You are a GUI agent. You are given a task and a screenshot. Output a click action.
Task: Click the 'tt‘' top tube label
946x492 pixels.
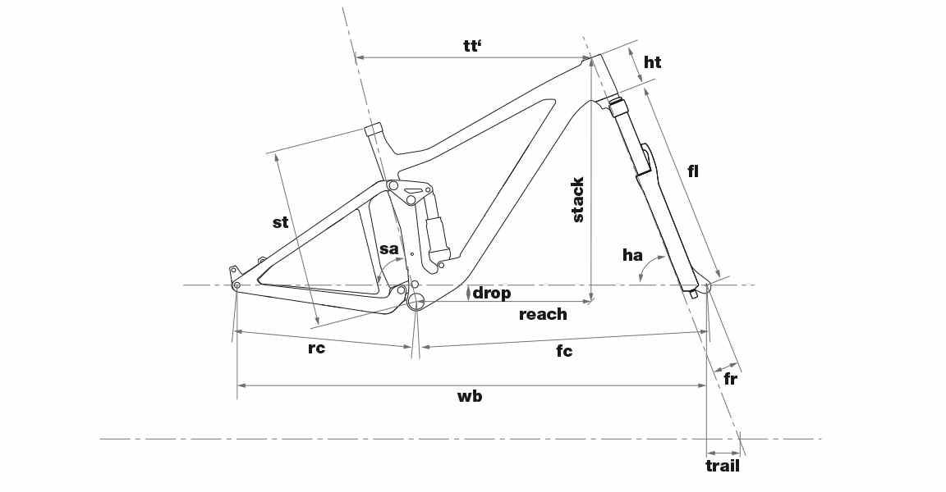472,47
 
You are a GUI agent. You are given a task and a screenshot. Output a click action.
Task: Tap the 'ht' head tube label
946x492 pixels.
652,62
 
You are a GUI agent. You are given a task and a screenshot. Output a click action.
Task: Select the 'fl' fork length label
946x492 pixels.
693,171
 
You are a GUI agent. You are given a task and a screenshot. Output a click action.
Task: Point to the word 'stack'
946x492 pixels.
577,200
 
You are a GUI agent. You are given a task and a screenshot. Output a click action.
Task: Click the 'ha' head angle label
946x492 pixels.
632,255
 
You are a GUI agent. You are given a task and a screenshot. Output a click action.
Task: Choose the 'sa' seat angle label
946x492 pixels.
389,248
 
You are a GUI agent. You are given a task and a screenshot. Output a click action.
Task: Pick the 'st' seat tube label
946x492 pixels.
281,222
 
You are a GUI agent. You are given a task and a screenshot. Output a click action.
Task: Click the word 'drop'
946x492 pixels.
492,294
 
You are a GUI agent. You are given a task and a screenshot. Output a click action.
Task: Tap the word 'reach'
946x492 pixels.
543,314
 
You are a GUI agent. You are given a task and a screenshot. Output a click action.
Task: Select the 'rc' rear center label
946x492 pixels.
316,348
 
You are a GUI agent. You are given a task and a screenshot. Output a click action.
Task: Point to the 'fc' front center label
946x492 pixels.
564,350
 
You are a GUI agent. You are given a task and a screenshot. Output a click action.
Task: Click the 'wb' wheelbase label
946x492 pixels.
470,396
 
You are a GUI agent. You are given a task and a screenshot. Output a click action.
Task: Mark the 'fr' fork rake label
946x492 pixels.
730,380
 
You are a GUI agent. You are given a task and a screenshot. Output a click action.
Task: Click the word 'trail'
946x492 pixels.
722,466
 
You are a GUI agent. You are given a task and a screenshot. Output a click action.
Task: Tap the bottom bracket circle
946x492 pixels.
416,301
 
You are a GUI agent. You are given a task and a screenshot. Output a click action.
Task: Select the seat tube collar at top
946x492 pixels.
374,129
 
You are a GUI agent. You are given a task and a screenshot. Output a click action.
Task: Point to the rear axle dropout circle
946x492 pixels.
236,285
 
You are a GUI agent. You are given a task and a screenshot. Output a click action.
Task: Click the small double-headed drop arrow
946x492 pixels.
468,294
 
